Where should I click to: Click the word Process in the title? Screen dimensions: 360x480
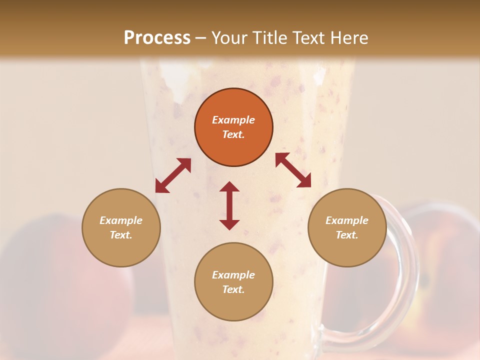[157, 38]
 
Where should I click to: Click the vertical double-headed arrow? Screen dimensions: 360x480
[229, 205]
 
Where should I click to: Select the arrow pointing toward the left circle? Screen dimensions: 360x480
[173, 175]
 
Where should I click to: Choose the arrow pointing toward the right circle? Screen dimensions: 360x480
[293, 170]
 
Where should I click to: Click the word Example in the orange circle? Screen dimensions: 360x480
[233, 120]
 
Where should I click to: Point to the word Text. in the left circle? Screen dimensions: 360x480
[121, 235]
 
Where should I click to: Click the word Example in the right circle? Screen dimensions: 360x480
[347, 220]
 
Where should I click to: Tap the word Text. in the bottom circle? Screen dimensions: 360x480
[233, 289]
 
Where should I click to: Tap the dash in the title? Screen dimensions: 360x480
[201, 38]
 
